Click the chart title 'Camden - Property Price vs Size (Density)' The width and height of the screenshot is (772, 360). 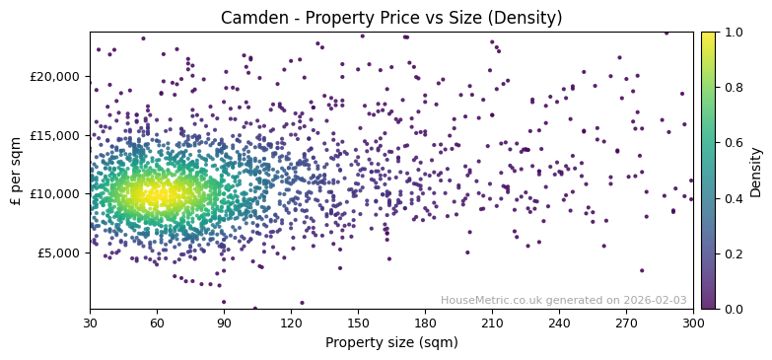tap(391, 18)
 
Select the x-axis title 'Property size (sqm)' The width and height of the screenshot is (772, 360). tap(391, 343)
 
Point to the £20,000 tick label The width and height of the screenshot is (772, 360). tap(55, 77)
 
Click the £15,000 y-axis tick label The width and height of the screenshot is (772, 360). tap(55, 135)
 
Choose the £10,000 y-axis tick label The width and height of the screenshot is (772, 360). tap(55, 194)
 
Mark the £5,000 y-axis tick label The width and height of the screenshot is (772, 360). tap(58, 252)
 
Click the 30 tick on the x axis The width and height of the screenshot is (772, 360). tap(90, 323)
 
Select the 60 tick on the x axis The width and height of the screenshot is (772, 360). tap(157, 323)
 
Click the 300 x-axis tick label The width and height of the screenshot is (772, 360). tap(693, 323)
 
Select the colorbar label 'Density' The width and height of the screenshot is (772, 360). tap(756, 171)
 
